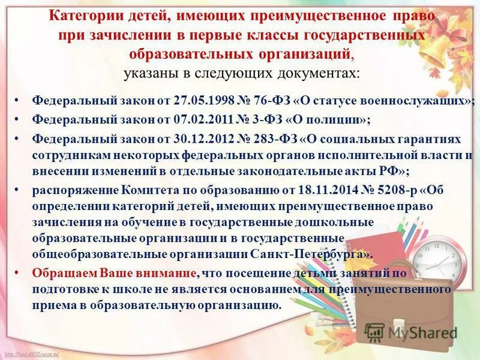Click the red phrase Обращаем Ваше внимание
[114, 273]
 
